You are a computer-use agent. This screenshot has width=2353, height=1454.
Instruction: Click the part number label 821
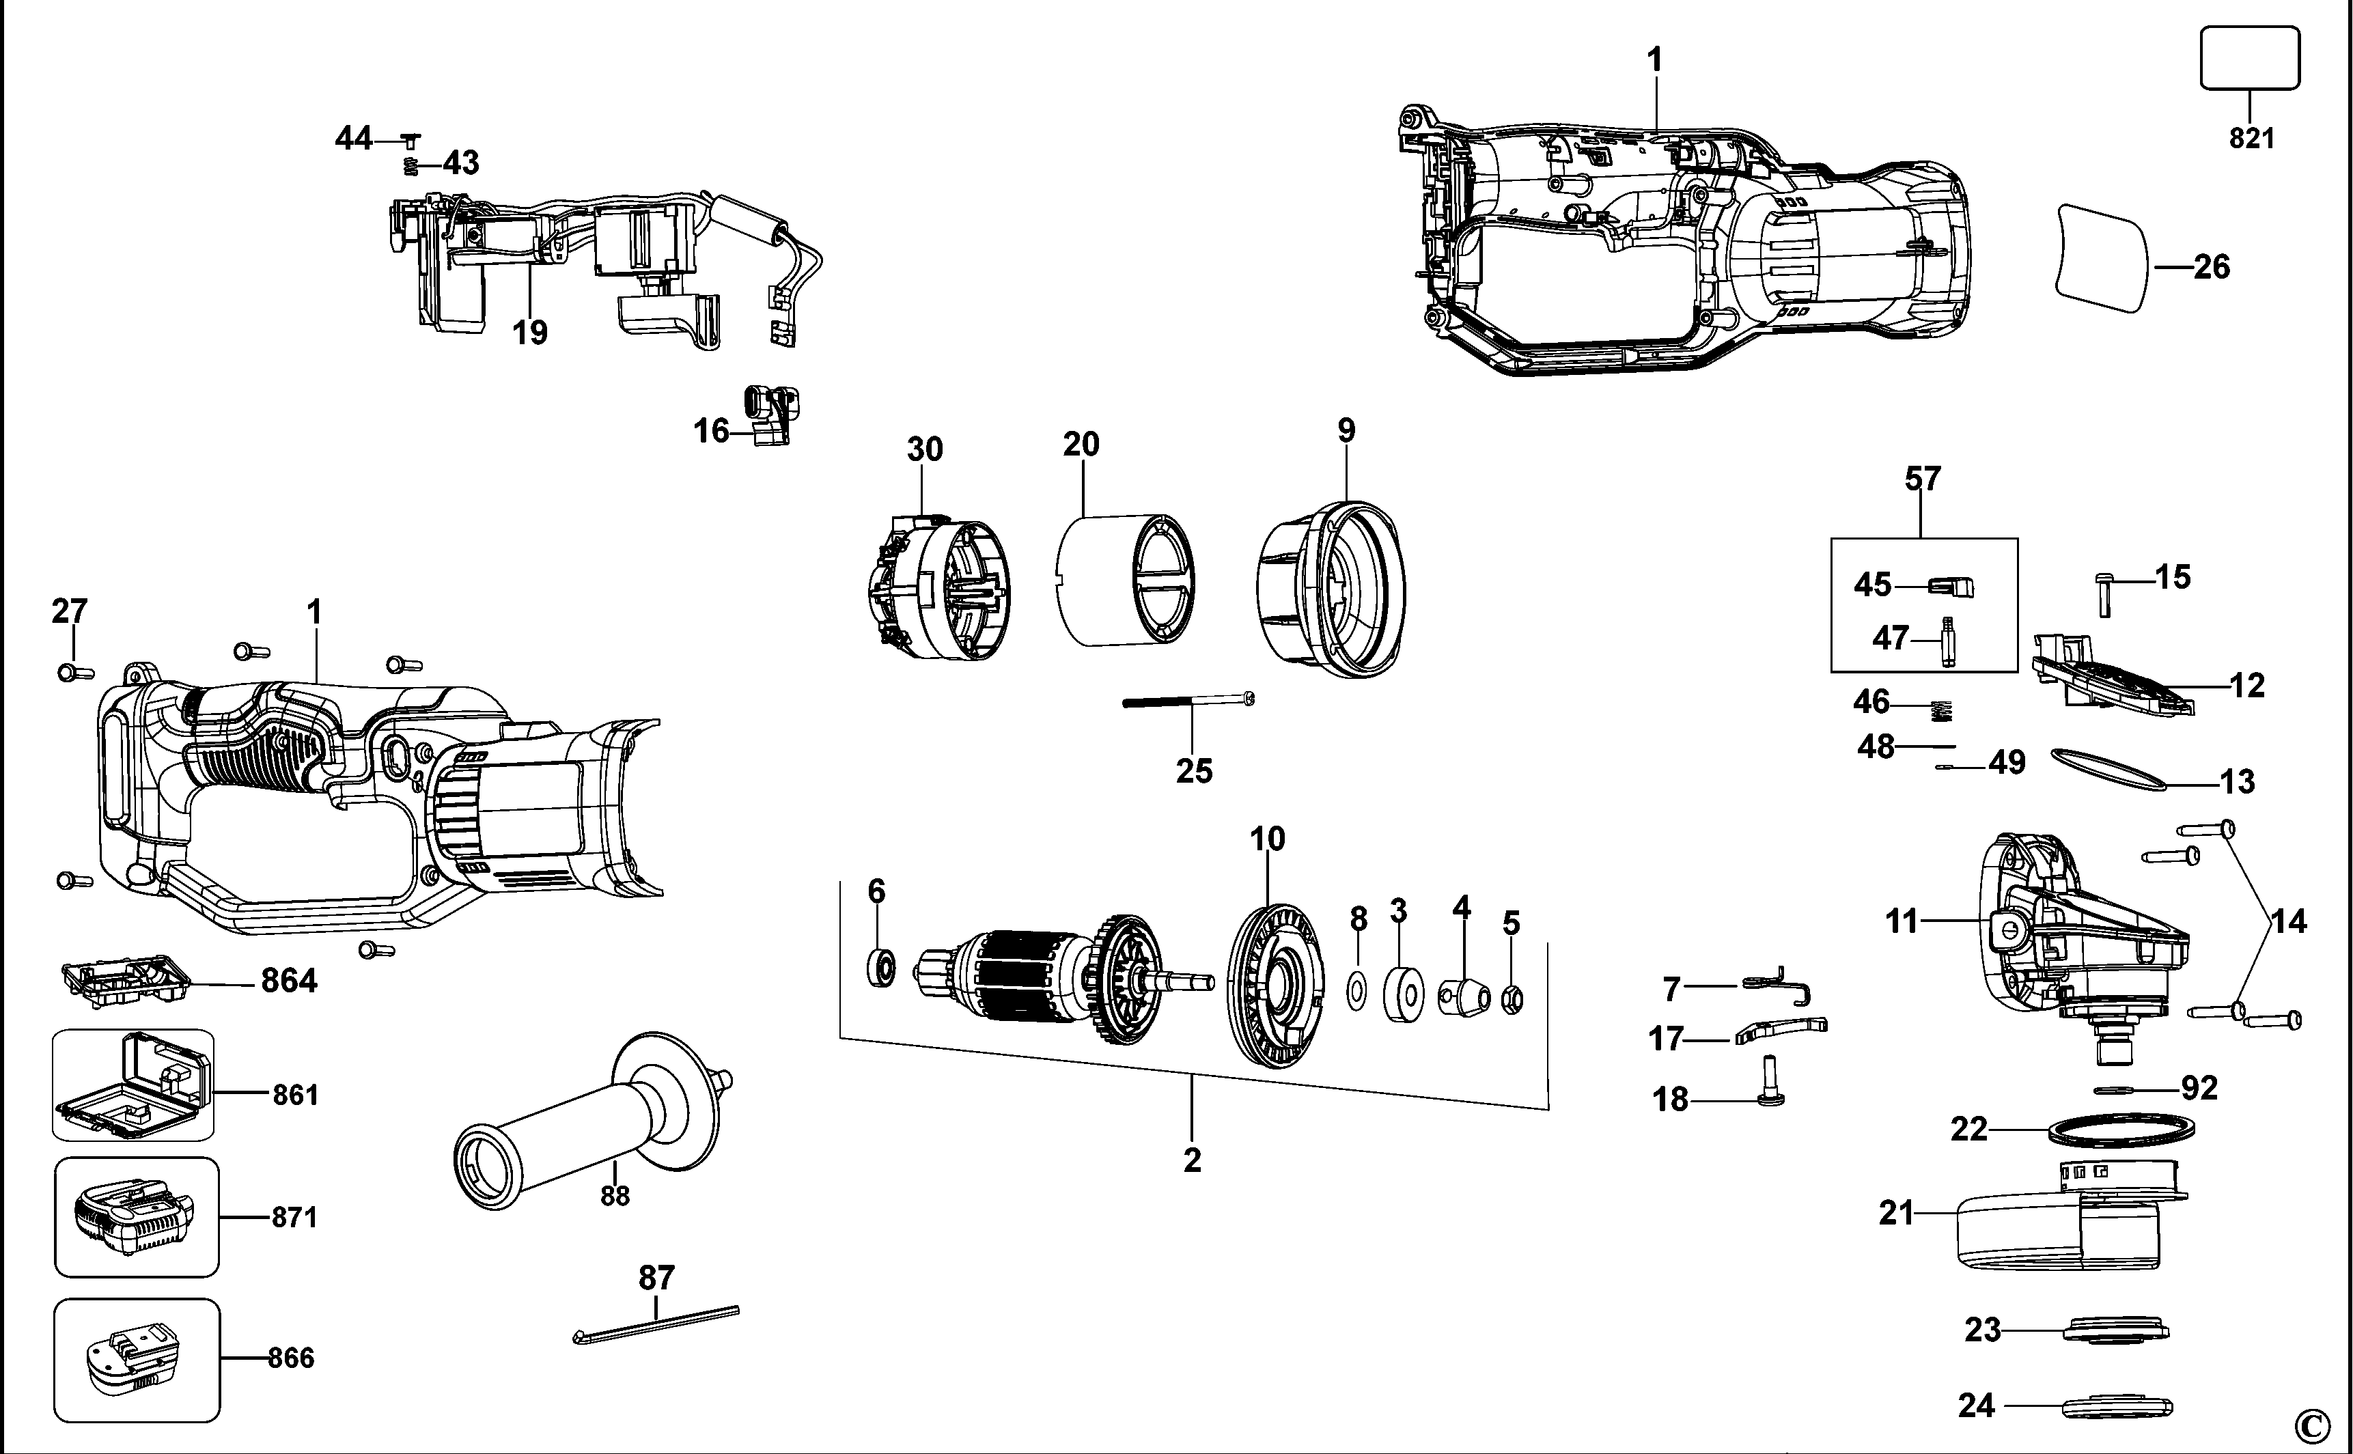(2251, 139)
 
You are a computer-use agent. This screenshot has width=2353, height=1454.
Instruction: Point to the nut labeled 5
(1512, 1000)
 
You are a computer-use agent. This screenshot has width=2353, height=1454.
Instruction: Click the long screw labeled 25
(1188, 701)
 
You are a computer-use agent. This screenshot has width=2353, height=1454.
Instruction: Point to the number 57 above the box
(1922, 479)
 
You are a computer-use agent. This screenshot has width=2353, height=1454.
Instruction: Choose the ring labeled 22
(2124, 1129)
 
